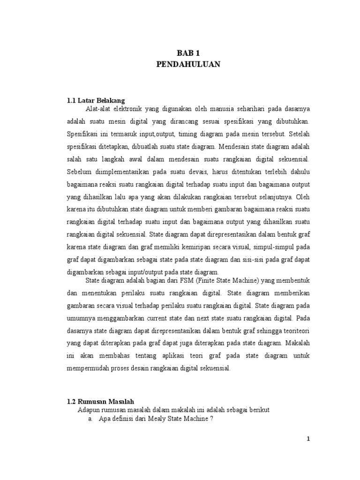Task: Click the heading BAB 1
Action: click(x=187, y=54)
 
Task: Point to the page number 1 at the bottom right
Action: click(x=308, y=439)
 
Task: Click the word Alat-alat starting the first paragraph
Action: click(x=97, y=109)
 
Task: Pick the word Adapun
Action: click(x=88, y=410)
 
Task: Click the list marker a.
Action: click(x=90, y=419)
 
